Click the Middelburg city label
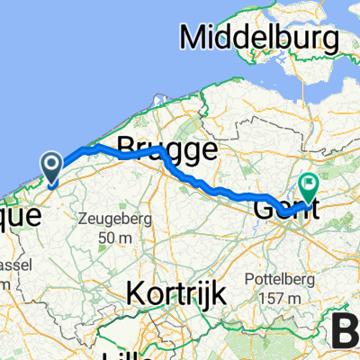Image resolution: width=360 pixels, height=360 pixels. point(261,38)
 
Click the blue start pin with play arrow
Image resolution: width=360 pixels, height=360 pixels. point(52,166)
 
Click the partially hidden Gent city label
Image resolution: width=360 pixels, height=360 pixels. point(279,210)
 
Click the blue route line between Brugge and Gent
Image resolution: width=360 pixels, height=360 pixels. point(216,190)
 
